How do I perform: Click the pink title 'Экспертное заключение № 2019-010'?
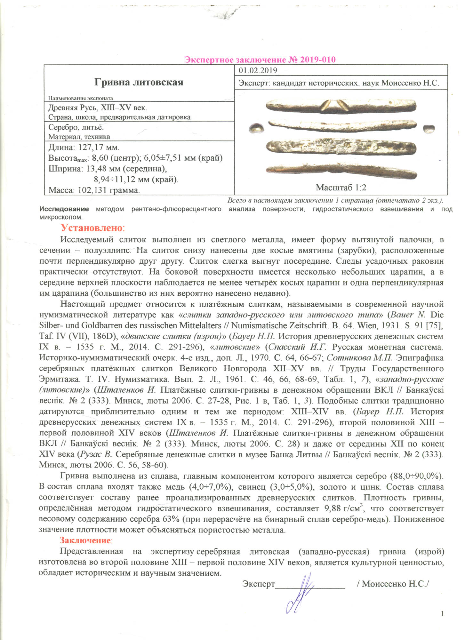260,60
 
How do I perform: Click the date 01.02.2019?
258,71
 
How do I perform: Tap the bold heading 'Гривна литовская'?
139,82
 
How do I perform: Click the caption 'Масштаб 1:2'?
341,188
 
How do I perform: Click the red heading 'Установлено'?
92,228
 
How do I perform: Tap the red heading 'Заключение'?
85,540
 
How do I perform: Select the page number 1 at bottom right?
442,613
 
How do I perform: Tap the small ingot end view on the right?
429,129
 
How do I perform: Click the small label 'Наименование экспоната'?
81,98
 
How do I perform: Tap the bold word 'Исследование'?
64,209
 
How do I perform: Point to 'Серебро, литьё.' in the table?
76,127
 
